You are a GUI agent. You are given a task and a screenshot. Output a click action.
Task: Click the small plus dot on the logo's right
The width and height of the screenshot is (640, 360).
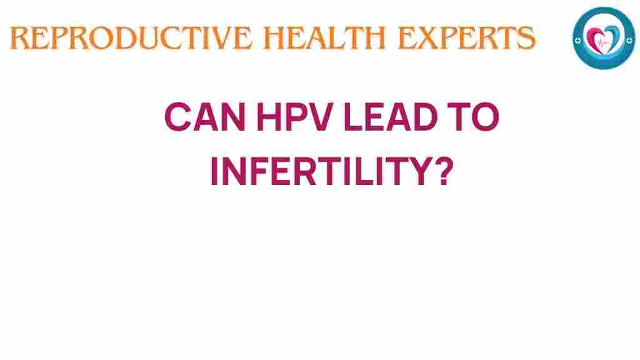point(627,39)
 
